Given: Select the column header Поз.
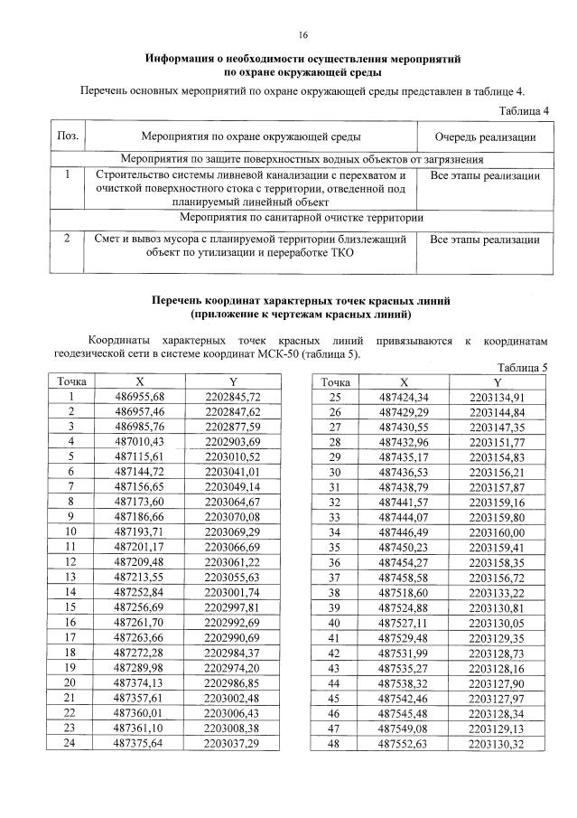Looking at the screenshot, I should (67, 136).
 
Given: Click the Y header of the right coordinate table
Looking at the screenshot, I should (498, 382).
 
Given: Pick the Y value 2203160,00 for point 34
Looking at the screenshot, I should (498, 532).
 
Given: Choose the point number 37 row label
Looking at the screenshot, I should (334, 577).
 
